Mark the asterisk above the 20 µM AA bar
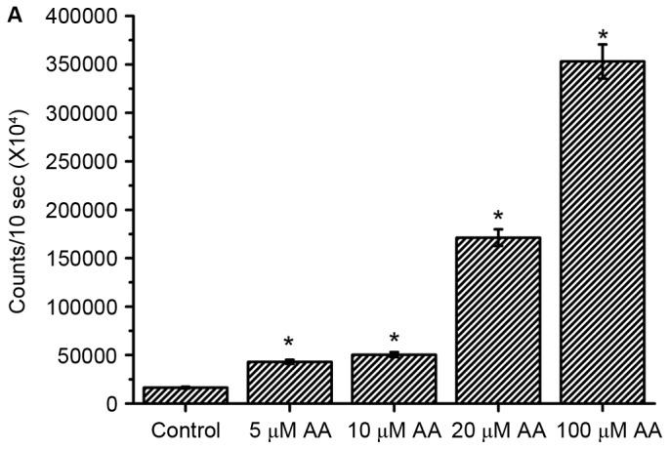[498, 217]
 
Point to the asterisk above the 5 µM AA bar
[289, 344]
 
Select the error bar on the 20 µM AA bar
[498, 237]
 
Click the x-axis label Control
[185, 430]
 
